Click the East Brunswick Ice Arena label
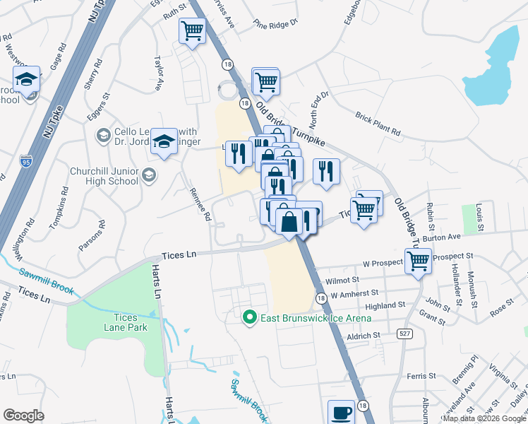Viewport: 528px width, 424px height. coord(316,318)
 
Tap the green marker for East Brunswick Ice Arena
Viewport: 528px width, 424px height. coord(248,318)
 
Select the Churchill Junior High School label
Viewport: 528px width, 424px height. coord(104,176)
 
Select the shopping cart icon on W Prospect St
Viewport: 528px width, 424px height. coord(418,260)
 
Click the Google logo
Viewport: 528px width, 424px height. coord(23,416)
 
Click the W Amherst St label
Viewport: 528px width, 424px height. coord(355,293)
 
